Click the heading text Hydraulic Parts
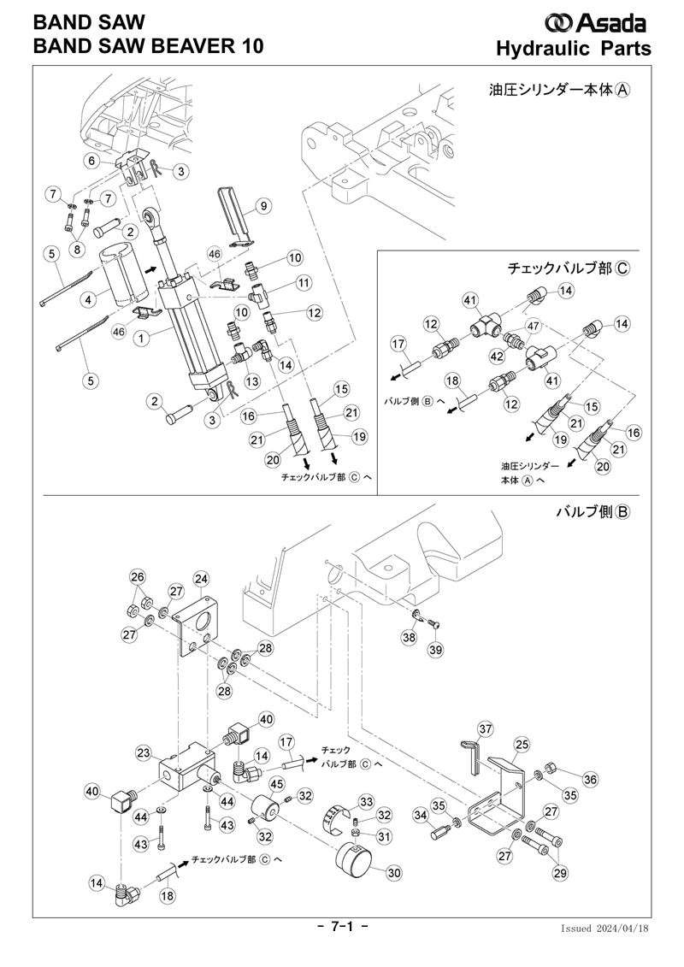click(574, 48)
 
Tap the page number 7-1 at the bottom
click(342, 927)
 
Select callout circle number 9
click(263, 205)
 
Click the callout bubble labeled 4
click(89, 300)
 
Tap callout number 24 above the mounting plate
click(202, 580)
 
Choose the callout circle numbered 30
click(394, 873)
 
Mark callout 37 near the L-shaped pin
click(486, 729)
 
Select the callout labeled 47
click(533, 326)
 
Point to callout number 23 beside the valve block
click(144, 753)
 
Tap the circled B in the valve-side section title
click(622, 512)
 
